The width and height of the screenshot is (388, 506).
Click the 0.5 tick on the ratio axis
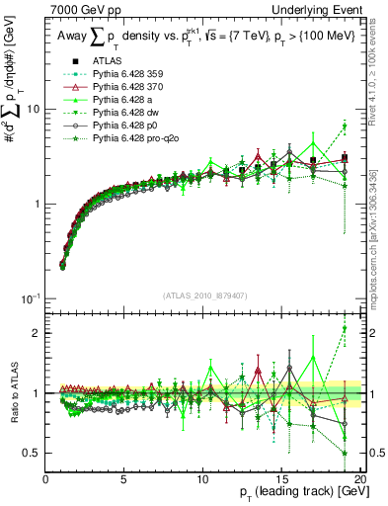tap(35, 453)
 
